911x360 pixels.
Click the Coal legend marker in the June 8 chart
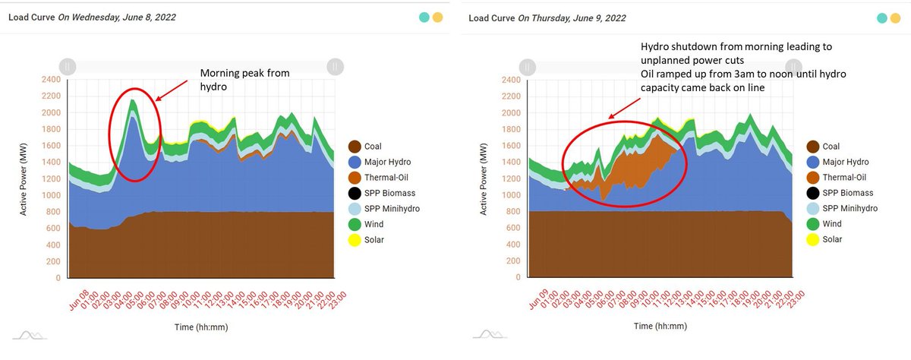(x=355, y=147)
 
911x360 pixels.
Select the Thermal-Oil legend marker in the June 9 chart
(x=812, y=178)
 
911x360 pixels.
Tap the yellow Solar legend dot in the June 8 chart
(x=355, y=240)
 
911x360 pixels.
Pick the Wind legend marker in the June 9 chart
(x=812, y=224)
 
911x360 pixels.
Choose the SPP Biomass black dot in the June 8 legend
(x=355, y=193)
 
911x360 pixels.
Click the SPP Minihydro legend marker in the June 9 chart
(x=812, y=209)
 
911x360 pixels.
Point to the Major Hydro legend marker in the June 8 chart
(x=355, y=162)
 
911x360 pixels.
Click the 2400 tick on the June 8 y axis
(x=51, y=79)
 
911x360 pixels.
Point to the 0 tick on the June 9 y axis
(x=518, y=277)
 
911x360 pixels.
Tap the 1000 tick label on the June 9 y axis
(x=511, y=195)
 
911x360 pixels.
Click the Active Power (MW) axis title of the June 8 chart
(x=24, y=179)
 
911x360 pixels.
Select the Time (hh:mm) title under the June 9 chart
(x=660, y=327)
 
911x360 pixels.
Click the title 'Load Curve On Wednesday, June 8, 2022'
(x=92, y=17)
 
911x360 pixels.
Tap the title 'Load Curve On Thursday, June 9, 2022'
(x=547, y=18)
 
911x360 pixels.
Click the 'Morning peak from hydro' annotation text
(x=244, y=80)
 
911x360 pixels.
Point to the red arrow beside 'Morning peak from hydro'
(x=172, y=90)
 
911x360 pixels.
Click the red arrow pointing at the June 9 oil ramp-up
(x=624, y=108)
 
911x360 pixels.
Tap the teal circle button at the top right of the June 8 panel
(x=424, y=17)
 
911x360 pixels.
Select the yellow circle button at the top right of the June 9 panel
(x=895, y=18)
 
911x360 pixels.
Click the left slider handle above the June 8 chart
(x=68, y=67)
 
